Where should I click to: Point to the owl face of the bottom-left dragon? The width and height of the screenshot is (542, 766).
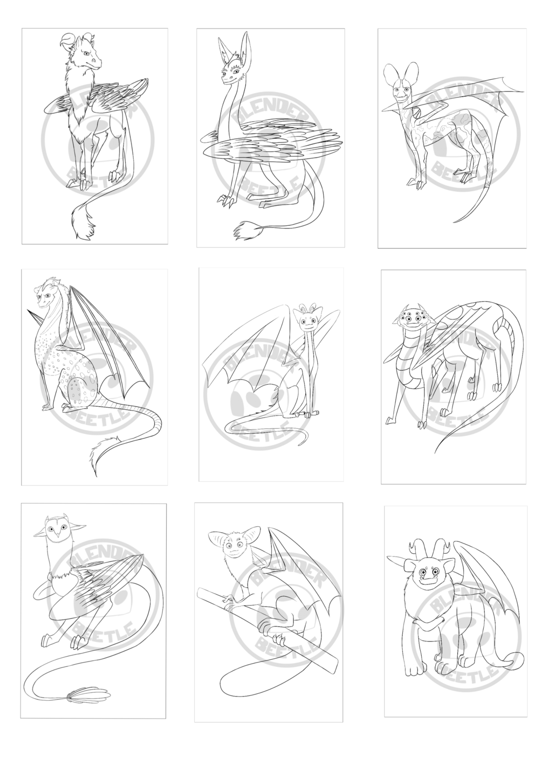pos(56,531)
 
